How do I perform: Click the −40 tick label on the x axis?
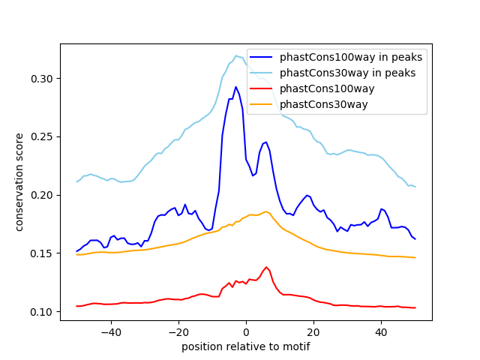(x=110, y=331)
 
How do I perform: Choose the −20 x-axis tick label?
(x=178, y=331)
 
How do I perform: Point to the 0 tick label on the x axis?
(x=246, y=331)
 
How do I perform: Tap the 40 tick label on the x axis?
(x=381, y=331)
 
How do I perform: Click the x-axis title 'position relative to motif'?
(x=245, y=346)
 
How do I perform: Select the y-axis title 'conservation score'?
(x=20, y=182)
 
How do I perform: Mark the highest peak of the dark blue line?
(x=235, y=87)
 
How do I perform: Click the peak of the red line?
(x=266, y=267)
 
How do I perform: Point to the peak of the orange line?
(x=266, y=211)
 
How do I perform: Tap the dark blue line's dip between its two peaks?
(x=253, y=175)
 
